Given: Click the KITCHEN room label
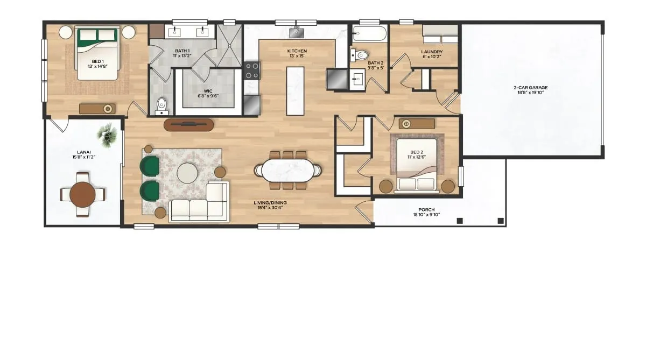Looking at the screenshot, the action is tap(297, 51).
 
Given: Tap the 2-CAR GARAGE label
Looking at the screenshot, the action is tap(531, 88).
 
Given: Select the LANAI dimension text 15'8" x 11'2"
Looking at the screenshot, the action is tap(83, 157).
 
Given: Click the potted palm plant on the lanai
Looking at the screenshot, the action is tap(107, 135).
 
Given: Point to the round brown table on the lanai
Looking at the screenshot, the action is tap(83, 195).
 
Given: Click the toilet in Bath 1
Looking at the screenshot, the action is tap(161, 105).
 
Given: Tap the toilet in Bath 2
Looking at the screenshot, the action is tap(359, 55).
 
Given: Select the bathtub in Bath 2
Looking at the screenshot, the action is tap(369, 33).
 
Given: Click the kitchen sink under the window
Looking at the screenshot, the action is tap(296, 32).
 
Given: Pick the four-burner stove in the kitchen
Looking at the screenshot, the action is tap(252, 70).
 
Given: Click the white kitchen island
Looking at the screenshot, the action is tap(295, 91).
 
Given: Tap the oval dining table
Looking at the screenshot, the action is tap(288, 171).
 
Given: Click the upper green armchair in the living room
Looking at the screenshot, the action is tap(150, 166).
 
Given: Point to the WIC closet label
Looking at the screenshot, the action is tap(208, 91).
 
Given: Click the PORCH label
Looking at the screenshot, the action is tap(426, 210).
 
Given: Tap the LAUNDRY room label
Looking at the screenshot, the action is tap(432, 52).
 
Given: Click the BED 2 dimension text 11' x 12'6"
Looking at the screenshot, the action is tap(417, 157).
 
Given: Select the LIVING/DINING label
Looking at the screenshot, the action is tap(270, 203).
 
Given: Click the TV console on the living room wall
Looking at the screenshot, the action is tap(189, 125).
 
